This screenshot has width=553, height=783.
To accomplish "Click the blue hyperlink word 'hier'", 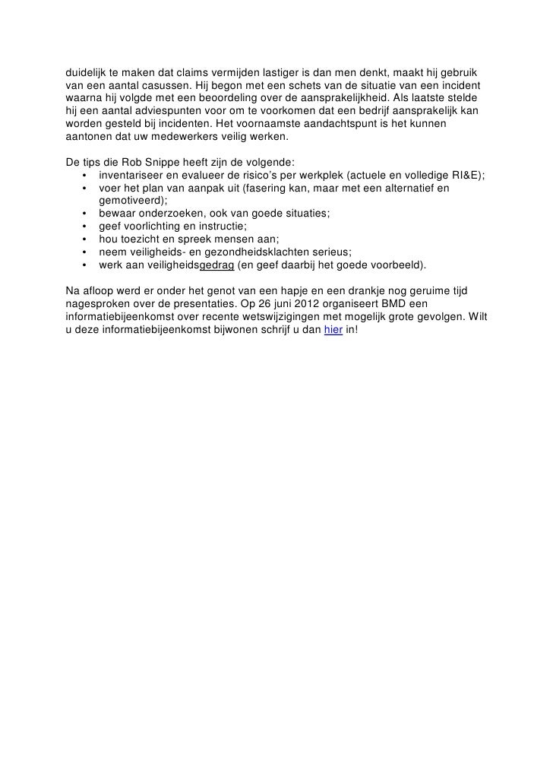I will (332, 338).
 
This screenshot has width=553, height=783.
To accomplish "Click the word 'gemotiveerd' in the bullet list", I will (132, 201).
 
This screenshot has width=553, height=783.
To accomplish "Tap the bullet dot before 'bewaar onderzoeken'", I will (84, 214).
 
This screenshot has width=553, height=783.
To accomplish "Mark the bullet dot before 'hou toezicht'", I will (84, 239).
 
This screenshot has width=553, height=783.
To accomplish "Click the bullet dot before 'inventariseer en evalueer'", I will (84, 175).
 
